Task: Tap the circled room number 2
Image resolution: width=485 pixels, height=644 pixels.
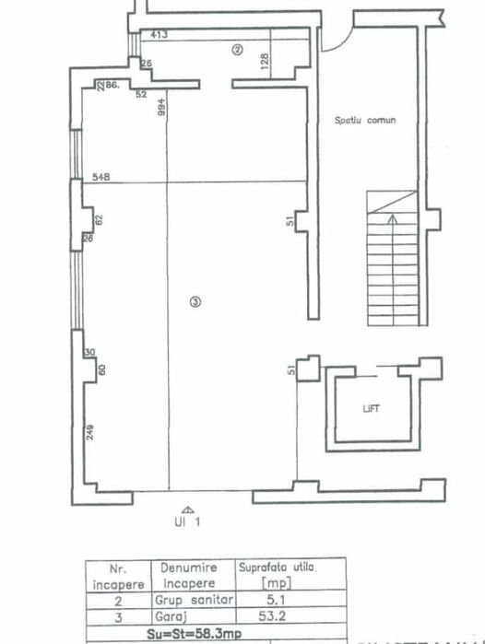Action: tap(237, 51)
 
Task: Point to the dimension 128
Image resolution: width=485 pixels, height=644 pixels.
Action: tap(265, 62)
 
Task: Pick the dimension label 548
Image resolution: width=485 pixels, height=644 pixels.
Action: tap(101, 177)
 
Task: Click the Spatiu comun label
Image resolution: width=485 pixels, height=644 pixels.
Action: tap(365, 121)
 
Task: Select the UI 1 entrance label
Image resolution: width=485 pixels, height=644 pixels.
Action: tap(188, 522)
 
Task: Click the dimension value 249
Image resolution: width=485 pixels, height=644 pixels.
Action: tap(89, 429)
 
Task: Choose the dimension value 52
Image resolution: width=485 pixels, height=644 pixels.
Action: tap(142, 94)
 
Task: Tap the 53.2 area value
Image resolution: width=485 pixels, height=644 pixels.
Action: tap(266, 615)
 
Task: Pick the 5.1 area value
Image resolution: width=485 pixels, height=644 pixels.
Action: tap(266, 600)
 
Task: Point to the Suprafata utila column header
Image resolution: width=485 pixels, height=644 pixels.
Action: tap(275, 575)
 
